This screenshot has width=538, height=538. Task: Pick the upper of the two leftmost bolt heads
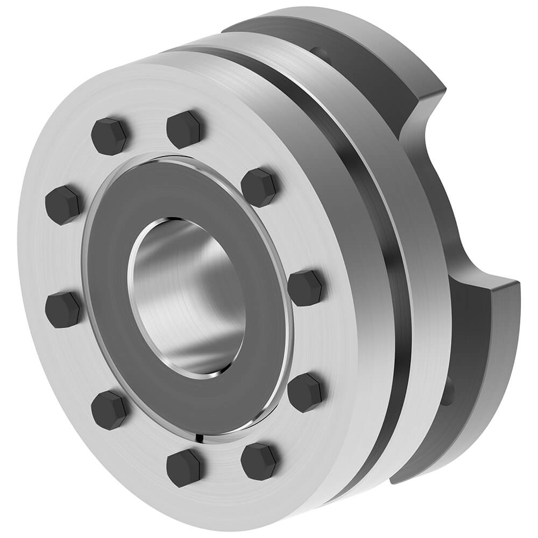63,204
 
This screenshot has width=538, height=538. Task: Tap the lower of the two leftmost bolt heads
63,310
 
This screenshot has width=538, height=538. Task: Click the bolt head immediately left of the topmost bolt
110,136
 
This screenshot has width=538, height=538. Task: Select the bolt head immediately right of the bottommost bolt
259,461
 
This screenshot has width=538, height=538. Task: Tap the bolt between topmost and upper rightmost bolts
259,187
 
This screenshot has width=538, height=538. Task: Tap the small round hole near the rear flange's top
320,53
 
